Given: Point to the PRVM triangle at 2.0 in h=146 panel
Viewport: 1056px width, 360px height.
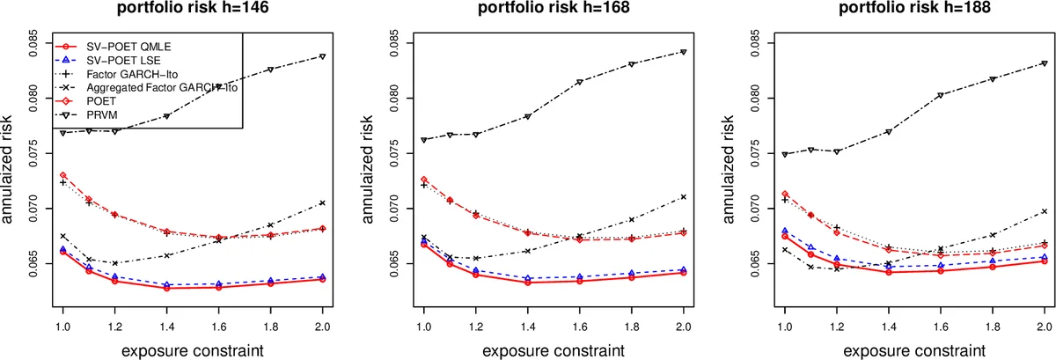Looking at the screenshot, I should (323, 56).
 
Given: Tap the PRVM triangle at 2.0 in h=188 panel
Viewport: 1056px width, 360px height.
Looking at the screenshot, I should (1045, 63).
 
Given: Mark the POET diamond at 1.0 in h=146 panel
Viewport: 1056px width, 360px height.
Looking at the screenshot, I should (62, 175).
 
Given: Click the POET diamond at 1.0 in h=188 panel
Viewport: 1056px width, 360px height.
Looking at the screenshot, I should (784, 194).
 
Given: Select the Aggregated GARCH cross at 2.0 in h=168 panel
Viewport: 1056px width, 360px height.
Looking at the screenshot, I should (684, 196).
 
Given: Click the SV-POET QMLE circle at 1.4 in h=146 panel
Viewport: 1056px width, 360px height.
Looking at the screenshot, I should (166, 288).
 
